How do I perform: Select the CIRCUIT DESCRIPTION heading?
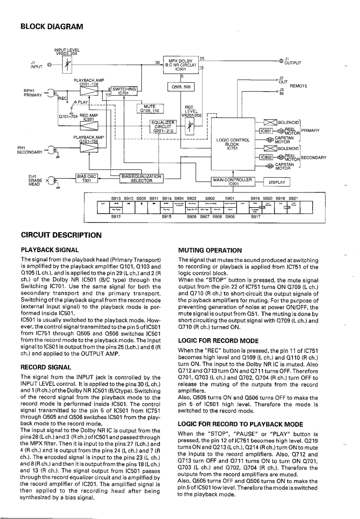tap(61, 235)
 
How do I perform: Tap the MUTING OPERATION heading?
tap(210, 250)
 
